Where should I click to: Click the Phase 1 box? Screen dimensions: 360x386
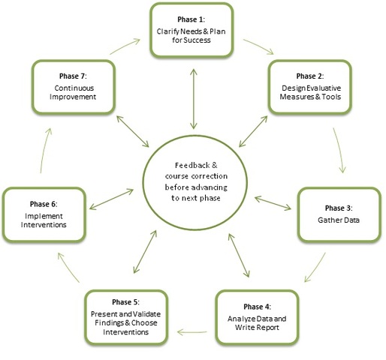193,31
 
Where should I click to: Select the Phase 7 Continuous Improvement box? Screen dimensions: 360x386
73,87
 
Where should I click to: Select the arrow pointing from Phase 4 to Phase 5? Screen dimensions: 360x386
197,325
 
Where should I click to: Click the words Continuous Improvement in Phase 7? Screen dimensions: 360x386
73,93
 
